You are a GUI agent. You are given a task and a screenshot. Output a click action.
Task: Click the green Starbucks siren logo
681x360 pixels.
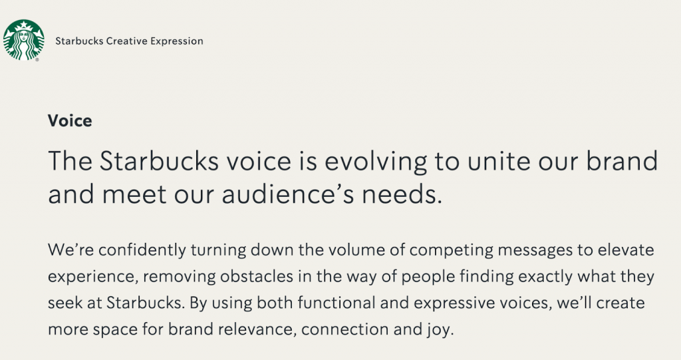[x=23, y=39]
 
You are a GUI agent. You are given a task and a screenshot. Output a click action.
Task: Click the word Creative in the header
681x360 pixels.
[x=127, y=41]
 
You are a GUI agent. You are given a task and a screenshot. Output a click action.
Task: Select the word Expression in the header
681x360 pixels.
[x=177, y=41]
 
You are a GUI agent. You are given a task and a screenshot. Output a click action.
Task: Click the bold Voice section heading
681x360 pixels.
[x=70, y=120]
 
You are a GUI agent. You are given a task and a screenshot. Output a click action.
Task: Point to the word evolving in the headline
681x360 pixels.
[x=376, y=161]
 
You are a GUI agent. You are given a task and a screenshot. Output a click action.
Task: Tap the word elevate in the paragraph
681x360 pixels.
[x=626, y=250]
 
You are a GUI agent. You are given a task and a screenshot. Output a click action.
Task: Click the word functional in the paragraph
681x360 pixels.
[x=337, y=303]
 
